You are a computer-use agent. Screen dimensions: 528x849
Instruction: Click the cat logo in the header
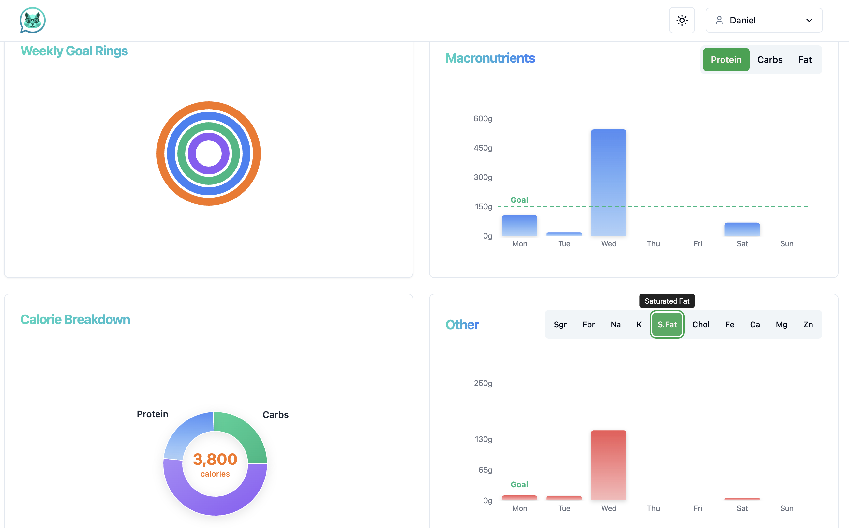(x=33, y=20)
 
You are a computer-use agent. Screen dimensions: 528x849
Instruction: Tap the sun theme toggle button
(x=681, y=20)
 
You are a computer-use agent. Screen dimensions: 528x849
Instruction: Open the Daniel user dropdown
(x=764, y=20)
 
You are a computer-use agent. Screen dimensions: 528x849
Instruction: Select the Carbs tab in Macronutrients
(x=769, y=60)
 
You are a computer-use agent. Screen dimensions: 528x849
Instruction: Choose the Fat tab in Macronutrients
(x=805, y=60)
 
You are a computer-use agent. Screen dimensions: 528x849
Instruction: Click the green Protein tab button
(x=726, y=60)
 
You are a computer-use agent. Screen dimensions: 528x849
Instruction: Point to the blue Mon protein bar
(x=519, y=225)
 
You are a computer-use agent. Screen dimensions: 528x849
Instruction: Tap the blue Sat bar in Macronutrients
(x=742, y=229)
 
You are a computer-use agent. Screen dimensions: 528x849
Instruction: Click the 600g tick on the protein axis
(x=482, y=119)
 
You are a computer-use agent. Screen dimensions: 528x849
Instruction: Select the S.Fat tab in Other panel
(x=667, y=324)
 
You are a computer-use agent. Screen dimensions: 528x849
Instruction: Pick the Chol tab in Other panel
(x=701, y=324)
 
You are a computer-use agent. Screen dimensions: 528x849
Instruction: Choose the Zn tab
(x=808, y=324)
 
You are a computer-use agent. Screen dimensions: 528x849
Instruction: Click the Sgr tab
(x=560, y=324)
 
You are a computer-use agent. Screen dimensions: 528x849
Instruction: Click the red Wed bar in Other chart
(x=608, y=465)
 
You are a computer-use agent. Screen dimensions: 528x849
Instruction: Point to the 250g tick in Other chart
(x=483, y=383)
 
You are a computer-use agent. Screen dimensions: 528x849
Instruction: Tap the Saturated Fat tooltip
(x=667, y=301)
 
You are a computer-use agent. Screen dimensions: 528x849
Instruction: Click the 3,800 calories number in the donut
(x=215, y=459)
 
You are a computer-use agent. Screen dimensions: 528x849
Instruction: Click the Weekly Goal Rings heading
(x=74, y=51)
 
